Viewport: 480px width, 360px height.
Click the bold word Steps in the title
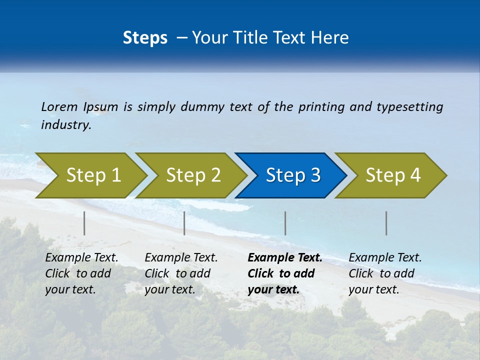pos(145,38)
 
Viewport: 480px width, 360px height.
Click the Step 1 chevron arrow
pos(93,175)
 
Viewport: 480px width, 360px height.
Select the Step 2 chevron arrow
pos(193,175)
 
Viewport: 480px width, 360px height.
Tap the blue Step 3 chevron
pos(293,175)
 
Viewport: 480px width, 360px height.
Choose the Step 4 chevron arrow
pos(393,175)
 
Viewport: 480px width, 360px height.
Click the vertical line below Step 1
pos(84,223)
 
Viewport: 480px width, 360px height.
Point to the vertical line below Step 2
pos(184,223)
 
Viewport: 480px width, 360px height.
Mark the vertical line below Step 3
pos(285,223)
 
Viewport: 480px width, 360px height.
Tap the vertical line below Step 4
pos(386,223)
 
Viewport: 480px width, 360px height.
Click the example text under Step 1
pos(81,273)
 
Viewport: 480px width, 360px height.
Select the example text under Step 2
pos(181,273)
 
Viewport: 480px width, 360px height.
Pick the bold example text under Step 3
pos(285,273)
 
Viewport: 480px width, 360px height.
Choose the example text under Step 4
pos(385,273)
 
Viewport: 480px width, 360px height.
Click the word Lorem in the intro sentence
pos(59,107)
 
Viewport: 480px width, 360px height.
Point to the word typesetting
pos(409,107)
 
